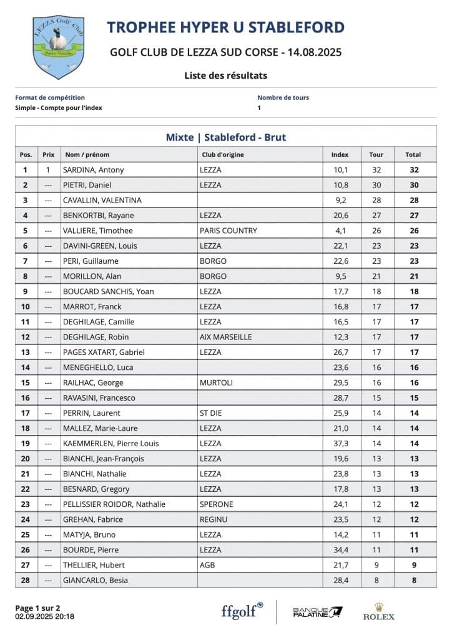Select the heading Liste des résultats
225,76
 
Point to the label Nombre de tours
283,97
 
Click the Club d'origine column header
222,154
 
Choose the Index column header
340,154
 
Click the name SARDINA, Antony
93,170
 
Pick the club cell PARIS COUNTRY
228,231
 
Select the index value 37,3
340,443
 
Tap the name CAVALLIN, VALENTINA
102,200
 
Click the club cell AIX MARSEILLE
225,337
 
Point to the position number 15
26,382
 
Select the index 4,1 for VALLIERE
340,231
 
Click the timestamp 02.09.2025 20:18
44,616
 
